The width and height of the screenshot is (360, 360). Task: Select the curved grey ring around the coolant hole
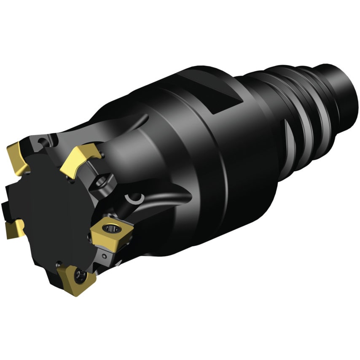[136, 197]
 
